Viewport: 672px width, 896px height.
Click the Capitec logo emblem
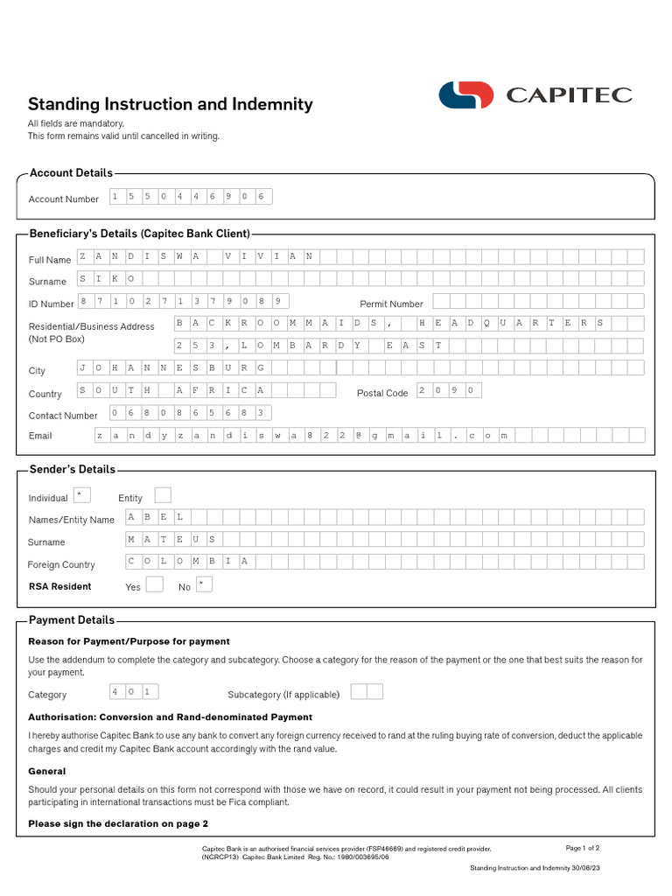tap(466, 94)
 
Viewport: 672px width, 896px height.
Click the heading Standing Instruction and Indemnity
tap(170, 105)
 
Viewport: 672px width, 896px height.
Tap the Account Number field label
tap(63, 199)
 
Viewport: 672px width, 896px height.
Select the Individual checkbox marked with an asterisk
tap(81, 495)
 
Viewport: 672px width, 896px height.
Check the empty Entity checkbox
tap(163, 495)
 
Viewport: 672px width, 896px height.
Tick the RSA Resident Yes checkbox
tap(154, 584)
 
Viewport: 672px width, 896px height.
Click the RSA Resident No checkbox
tap(204, 584)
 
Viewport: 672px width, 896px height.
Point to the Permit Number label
tap(391, 304)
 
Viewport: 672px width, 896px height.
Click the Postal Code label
tap(382, 393)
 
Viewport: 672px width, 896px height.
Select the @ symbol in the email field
tap(358, 435)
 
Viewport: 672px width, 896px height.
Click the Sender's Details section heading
tap(72, 470)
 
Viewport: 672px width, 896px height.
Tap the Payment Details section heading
tap(72, 620)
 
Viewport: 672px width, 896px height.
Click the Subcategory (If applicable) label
tap(283, 695)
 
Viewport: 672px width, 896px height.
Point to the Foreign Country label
tap(61, 564)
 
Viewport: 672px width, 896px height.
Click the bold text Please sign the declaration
tap(118, 823)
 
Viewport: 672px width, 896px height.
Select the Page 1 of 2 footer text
tap(582, 848)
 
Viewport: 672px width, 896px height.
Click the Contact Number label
tap(63, 416)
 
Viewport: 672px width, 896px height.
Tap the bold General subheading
tap(47, 771)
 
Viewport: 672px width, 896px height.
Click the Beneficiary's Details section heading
tap(140, 234)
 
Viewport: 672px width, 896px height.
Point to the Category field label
tap(47, 695)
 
